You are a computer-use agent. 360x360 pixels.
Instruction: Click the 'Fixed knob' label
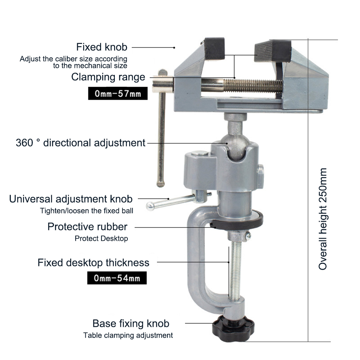coord(102,47)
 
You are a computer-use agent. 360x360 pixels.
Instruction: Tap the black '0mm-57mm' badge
coord(118,94)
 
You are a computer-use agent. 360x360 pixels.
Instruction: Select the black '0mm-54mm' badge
coord(117,278)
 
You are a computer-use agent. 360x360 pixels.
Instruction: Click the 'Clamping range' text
coord(108,77)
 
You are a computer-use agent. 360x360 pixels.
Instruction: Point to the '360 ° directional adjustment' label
coord(81,143)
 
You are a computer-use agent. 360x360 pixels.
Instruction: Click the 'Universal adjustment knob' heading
coord(71,199)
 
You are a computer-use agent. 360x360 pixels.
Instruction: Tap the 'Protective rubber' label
coord(87,227)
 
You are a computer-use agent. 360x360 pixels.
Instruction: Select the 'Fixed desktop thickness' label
coord(94,263)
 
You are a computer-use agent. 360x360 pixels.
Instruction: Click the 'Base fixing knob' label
coord(131,324)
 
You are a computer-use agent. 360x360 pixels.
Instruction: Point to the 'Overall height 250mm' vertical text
coord(323,219)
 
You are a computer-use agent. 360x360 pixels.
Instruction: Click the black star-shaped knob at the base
coord(233,328)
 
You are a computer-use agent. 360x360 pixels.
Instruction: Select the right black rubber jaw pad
coord(273,51)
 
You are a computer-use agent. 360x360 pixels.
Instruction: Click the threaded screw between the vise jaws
coord(253,86)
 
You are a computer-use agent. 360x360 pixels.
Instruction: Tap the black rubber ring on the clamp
coord(238,220)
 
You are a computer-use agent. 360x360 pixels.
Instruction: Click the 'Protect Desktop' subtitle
coord(101,239)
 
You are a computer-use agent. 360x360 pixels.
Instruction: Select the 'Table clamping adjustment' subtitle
coord(128,336)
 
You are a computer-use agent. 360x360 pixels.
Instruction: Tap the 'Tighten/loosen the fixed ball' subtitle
coord(86,211)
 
